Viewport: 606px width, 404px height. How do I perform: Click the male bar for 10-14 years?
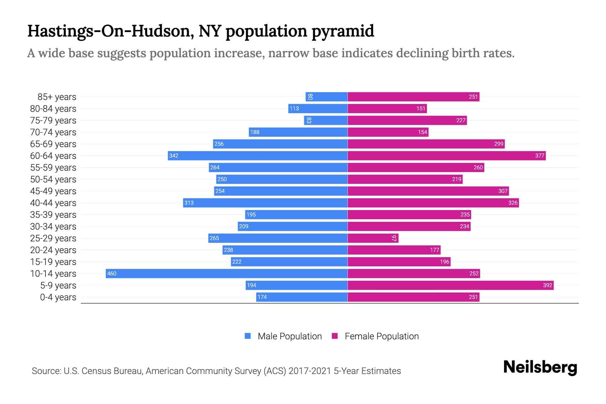click(x=226, y=273)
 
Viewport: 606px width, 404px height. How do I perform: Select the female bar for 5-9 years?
click(x=450, y=285)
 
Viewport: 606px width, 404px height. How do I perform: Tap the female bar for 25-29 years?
click(x=373, y=238)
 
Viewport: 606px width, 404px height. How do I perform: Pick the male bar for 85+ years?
click(x=327, y=97)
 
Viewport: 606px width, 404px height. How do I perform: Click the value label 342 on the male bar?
click(x=174, y=156)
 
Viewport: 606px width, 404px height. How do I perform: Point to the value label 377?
click(x=539, y=156)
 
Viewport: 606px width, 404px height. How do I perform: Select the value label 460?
click(x=111, y=273)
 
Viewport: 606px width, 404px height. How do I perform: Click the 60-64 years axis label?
click(x=53, y=156)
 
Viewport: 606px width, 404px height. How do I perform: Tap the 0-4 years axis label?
click(x=58, y=297)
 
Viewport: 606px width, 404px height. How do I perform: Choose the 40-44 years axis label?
click(x=53, y=203)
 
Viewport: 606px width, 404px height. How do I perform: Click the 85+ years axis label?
click(x=57, y=97)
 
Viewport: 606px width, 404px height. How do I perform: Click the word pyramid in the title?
click(x=342, y=31)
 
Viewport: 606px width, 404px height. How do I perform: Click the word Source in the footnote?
click(x=45, y=371)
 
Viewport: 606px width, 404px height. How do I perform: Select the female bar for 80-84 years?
click(x=387, y=108)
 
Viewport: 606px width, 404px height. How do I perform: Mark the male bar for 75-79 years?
click(x=326, y=120)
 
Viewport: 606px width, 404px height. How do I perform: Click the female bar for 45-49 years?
click(x=428, y=191)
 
